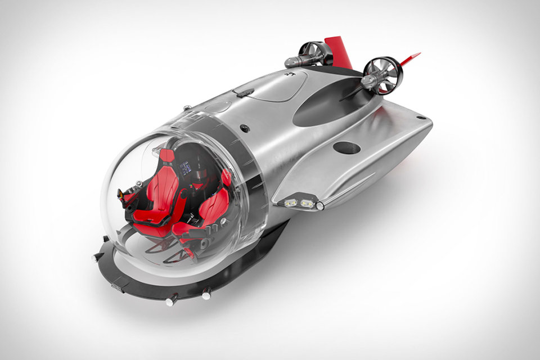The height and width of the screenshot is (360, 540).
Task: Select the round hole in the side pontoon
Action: point(346,147)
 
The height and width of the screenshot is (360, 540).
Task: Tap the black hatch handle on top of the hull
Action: point(242,91)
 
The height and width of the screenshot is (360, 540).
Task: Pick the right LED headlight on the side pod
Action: point(307,203)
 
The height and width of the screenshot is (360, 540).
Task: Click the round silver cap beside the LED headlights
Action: point(320,206)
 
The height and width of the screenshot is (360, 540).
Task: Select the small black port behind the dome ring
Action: point(244,128)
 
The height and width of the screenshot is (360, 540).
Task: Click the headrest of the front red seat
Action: point(168,156)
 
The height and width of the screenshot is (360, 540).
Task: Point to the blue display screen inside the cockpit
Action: point(186,167)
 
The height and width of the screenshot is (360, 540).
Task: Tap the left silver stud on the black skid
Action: point(169,301)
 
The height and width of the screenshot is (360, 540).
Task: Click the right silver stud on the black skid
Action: point(206,292)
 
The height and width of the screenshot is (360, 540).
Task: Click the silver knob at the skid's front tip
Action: point(96,257)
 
